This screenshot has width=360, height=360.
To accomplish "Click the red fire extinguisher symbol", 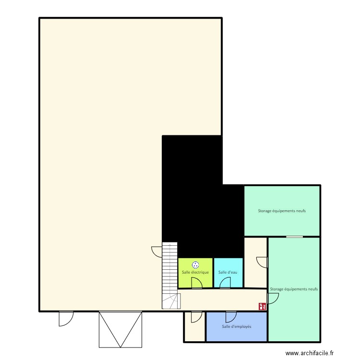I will click(x=262, y=306).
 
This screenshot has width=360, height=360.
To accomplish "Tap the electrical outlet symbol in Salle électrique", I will click(x=195, y=264).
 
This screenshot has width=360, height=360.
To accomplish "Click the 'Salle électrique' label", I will click(x=195, y=272).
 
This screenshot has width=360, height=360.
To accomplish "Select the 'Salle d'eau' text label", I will click(x=228, y=272).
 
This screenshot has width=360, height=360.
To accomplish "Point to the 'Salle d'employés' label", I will click(x=236, y=326).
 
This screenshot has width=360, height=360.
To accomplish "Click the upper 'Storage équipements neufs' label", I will click(x=282, y=211).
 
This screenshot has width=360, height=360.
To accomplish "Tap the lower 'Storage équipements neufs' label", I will click(x=294, y=289).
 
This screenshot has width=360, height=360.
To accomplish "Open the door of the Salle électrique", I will click(x=196, y=283).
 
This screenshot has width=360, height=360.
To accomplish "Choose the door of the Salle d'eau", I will click(x=225, y=283).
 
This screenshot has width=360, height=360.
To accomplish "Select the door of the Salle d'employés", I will click(x=231, y=316).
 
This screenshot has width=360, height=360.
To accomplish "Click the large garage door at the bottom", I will click(x=120, y=329).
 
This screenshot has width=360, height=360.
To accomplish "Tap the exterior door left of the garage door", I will click(x=65, y=318).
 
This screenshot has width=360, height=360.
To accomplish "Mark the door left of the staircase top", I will click(x=157, y=251).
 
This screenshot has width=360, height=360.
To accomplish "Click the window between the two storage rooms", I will click(x=294, y=237).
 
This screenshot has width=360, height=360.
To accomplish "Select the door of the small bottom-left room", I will click(x=196, y=316).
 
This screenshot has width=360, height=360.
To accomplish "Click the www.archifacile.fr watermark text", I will click(x=309, y=353).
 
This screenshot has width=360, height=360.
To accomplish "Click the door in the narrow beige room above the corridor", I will click(x=262, y=262).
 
